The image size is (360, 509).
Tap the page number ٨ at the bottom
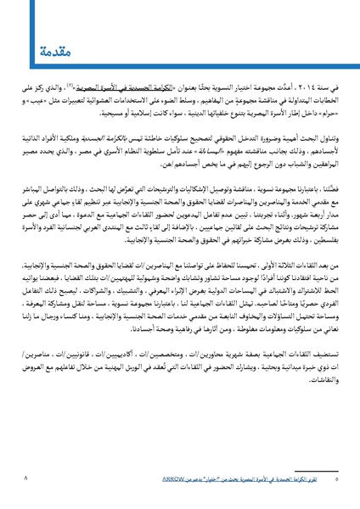pos(27,479)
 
